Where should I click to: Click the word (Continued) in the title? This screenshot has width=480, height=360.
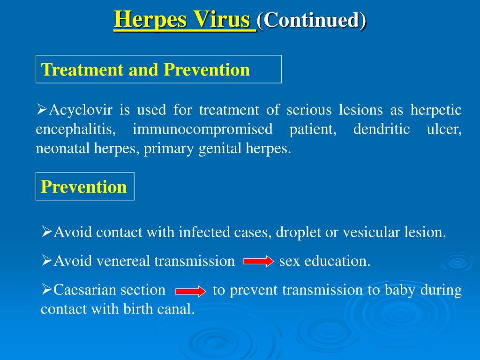click(311, 21)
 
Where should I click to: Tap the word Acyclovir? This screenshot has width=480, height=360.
click(81, 110)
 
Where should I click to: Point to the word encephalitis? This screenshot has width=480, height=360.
click(76, 129)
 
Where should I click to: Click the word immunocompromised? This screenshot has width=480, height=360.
click(202, 129)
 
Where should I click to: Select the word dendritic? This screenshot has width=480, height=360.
click(382, 128)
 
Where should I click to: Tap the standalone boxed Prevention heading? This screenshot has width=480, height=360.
click(84, 187)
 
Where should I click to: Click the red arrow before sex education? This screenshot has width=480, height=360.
click(259, 261)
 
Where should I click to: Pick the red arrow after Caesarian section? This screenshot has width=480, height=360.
click(191, 291)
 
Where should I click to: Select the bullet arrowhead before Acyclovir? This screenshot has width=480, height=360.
click(42, 109)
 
